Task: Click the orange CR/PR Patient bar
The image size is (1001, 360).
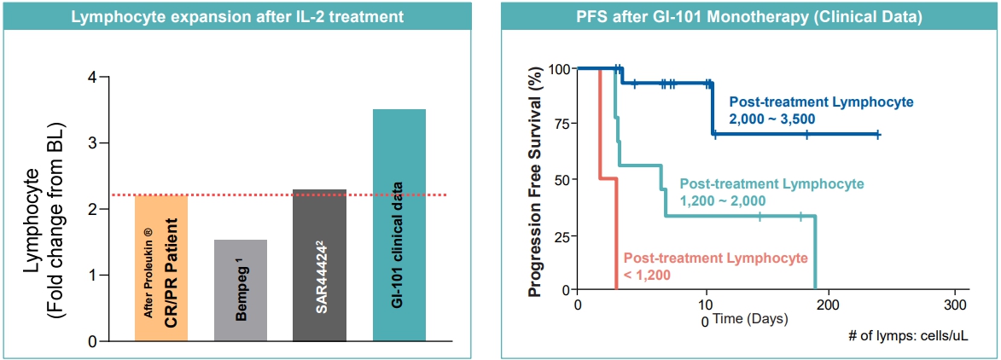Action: pos(161,268)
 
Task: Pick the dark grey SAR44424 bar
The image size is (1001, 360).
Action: pos(319,265)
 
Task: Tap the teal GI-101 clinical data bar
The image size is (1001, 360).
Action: pos(399,225)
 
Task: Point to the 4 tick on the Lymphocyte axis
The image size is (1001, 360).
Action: pos(90,78)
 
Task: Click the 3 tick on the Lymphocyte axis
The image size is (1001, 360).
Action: pos(90,143)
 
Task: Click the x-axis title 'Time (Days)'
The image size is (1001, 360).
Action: pos(750,318)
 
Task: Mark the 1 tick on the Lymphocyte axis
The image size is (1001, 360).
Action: pos(90,276)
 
